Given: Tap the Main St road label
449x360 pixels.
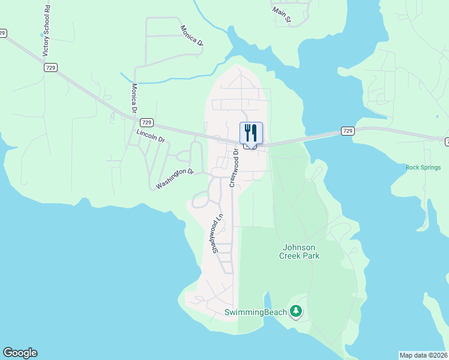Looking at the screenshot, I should pyautogui.click(x=281, y=16).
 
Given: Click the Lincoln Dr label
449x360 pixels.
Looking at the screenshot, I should pyautogui.click(x=150, y=136).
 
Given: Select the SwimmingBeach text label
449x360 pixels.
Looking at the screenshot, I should pyautogui.click(x=256, y=312).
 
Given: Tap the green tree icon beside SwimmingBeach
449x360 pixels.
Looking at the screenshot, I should pyautogui.click(x=295, y=311).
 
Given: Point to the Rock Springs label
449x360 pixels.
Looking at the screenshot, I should pyautogui.click(x=423, y=167).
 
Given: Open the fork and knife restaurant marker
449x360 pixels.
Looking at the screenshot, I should pyautogui.click(x=251, y=133).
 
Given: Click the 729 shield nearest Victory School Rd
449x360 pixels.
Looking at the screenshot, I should pyautogui.click(x=50, y=68).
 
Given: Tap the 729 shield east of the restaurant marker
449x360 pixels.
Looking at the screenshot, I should pyautogui.click(x=347, y=130).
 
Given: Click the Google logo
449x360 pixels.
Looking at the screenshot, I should pyautogui.click(x=20, y=353).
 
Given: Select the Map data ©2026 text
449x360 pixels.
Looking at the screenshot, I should pyautogui.click(x=424, y=355).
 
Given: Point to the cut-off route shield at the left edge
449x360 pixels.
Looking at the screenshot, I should pyautogui.click(x=2, y=33).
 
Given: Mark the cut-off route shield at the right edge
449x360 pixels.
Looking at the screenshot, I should pyautogui.click(x=447, y=142).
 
